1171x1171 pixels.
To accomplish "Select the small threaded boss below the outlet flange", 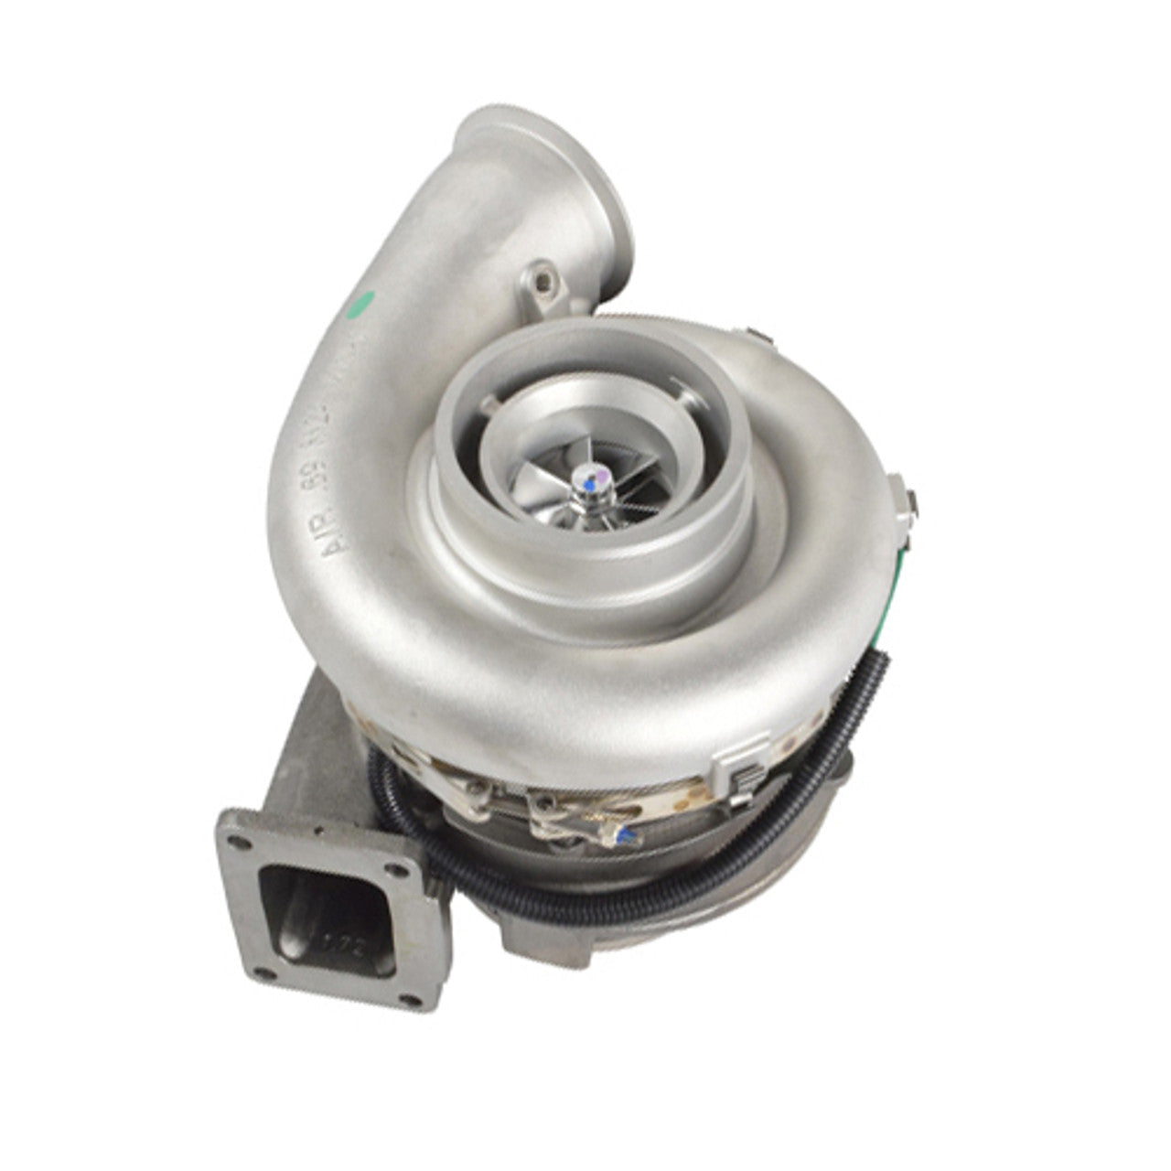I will (x=540, y=276).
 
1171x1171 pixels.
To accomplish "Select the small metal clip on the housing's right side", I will (x=907, y=494).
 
